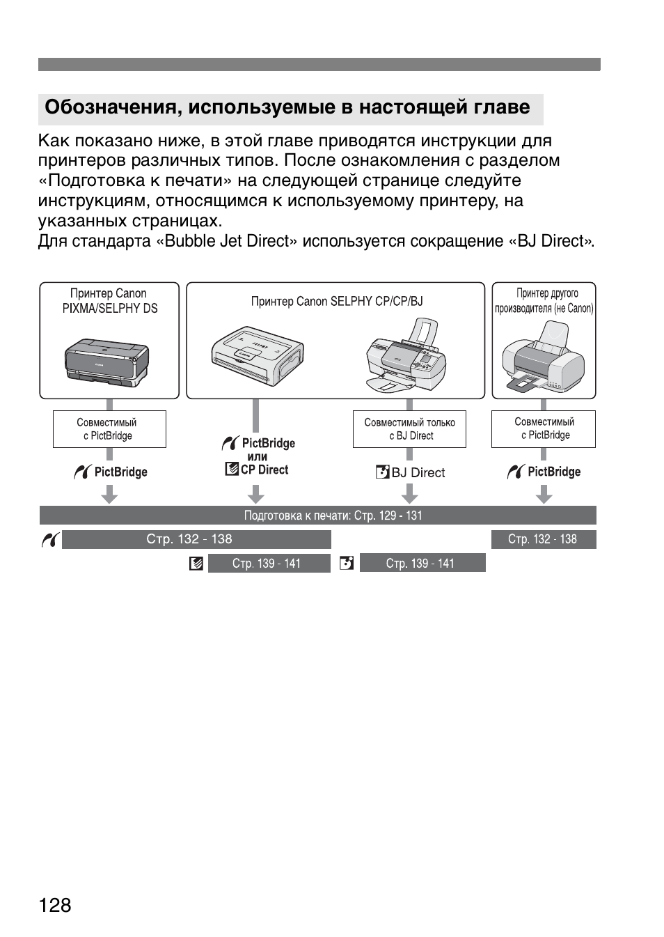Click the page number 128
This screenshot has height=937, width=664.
56,905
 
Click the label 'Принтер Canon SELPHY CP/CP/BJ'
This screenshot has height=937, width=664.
336,302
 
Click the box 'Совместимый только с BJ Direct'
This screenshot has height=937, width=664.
409,429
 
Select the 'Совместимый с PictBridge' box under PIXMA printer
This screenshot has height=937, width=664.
109,429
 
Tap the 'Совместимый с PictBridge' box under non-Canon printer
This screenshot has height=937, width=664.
544,428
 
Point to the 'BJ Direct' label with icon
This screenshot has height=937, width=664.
411,472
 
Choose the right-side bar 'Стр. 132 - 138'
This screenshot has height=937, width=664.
543,539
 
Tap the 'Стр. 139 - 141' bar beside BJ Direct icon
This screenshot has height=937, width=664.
422,563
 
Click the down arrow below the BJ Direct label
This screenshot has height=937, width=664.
409,494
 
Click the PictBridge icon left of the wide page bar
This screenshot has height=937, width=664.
49,540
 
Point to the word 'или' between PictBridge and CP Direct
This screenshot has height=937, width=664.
258,457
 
